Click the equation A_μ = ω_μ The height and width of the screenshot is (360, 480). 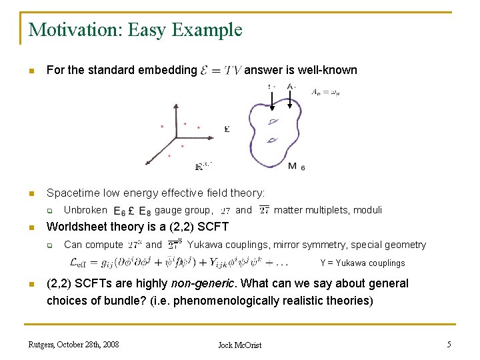(325, 93)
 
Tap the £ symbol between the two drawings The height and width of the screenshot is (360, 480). (227, 129)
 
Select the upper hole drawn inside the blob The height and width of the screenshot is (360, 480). (273, 121)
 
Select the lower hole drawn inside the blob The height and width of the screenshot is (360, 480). (272, 140)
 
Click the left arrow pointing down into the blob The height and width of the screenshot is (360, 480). (271, 99)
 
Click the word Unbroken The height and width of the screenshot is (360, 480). (85, 210)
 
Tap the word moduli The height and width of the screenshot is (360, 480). (367, 210)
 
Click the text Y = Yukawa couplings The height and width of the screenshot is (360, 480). (362, 263)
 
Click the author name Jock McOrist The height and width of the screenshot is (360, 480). (240, 345)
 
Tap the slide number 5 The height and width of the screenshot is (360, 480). (449, 344)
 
